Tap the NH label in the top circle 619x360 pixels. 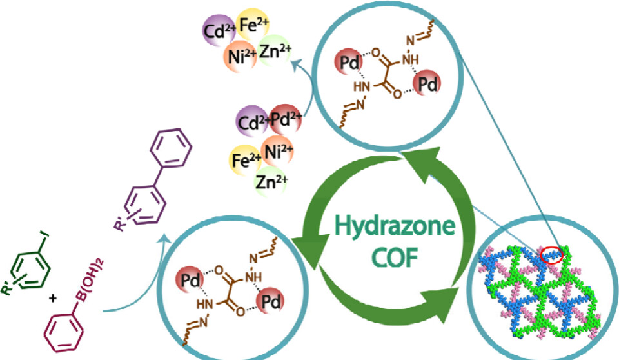pos(409,59)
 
